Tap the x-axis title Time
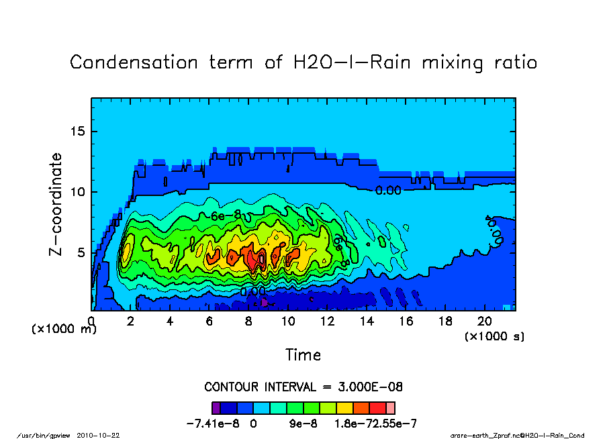tap(303, 354)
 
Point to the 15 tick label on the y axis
tap(79, 132)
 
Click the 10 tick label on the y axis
tap(79, 192)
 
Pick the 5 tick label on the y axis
tap(82, 252)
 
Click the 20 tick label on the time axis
tap(485, 322)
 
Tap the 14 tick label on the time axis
tap(367, 322)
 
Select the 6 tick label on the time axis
tap(209, 322)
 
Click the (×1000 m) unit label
tap(58, 330)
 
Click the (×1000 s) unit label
tap(495, 336)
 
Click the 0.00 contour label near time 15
tap(388, 191)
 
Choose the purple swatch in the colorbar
tap(216, 407)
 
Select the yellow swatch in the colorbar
tap(344, 407)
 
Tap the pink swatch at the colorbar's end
tap(391, 407)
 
